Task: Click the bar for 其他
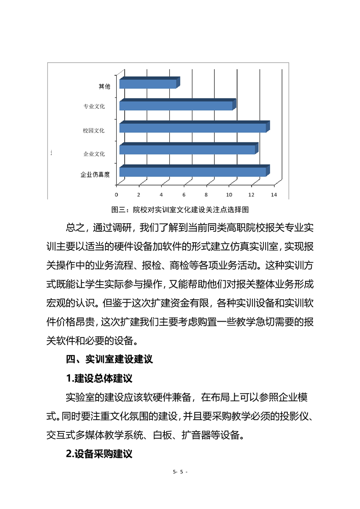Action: click(x=148, y=83)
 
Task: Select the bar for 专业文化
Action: click(x=177, y=105)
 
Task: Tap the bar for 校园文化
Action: click(x=194, y=127)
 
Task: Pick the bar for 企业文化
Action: click(x=188, y=149)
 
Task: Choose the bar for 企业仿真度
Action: click(x=194, y=171)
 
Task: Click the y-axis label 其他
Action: click(x=104, y=86)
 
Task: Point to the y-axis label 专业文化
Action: click(x=94, y=107)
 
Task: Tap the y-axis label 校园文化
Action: click(x=94, y=131)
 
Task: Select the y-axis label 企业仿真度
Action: click(x=95, y=174)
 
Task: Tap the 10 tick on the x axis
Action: click(x=228, y=195)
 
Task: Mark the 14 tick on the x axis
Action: click(x=273, y=195)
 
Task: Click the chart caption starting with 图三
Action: click(x=180, y=210)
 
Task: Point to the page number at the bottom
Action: click(x=180, y=472)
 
